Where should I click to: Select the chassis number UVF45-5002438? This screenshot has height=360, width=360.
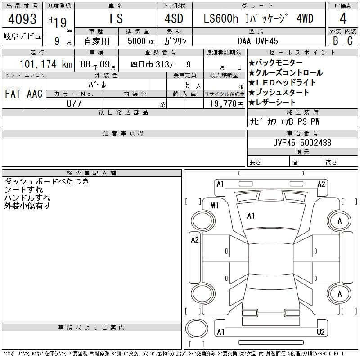point(302,143)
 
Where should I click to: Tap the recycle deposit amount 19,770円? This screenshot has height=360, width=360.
point(224,103)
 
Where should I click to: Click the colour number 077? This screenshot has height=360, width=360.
point(74,103)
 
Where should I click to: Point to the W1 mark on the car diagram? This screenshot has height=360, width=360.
point(215,206)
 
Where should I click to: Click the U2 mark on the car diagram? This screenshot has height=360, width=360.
point(321,332)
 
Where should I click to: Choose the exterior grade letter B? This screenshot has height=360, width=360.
point(335,40)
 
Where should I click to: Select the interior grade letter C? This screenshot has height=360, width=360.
point(350,40)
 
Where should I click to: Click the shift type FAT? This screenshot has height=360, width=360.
point(13,94)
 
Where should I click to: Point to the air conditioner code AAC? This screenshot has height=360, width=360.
point(35,94)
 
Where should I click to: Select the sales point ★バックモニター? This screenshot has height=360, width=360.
point(275,63)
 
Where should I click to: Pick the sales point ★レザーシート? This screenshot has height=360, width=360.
point(273,102)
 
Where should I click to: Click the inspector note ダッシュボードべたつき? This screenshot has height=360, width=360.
point(47,182)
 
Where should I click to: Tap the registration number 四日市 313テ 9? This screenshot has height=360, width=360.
point(160,64)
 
